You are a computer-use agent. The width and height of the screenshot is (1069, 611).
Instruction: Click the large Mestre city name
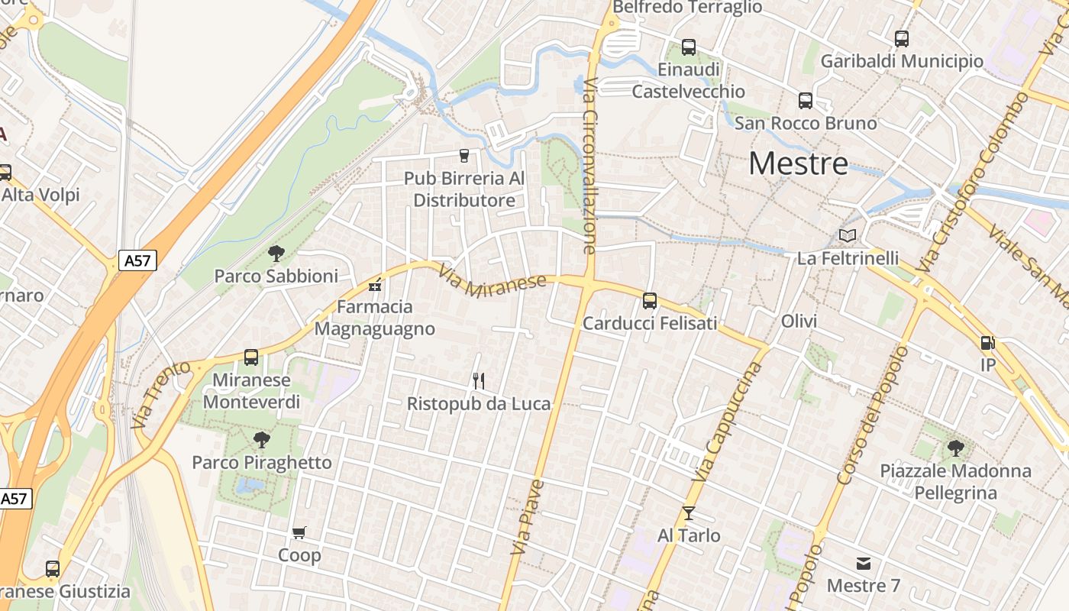pyautogui.click(x=798, y=163)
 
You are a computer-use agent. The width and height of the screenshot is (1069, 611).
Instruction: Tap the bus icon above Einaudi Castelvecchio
pyautogui.click(x=689, y=47)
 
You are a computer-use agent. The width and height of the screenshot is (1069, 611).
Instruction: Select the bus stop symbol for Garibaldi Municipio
pyautogui.click(x=902, y=39)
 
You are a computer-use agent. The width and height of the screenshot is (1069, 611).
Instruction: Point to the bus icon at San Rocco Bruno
pyautogui.click(x=806, y=101)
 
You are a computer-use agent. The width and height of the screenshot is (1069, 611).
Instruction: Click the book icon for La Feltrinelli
pyautogui.click(x=848, y=235)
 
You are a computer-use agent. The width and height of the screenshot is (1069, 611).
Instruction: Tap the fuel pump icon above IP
pyautogui.click(x=987, y=344)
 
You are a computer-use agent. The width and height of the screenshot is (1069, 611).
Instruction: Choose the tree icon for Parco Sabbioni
pyautogui.click(x=276, y=254)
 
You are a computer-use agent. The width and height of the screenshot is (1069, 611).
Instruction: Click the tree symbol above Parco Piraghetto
pyautogui.click(x=262, y=440)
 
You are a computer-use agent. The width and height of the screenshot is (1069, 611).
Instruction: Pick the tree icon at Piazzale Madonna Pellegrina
pyautogui.click(x=955, y=448)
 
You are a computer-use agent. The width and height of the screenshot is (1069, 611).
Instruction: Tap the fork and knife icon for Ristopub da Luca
pyautogui.click(x=479, y=380)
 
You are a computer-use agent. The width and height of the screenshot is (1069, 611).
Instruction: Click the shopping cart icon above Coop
pyautogui.click(x=299, y=532)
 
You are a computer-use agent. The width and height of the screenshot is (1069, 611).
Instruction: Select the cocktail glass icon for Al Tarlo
pyautogui.click(x=689, y=513)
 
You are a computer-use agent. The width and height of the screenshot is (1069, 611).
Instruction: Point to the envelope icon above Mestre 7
pyautogui.click(x=864, y=564)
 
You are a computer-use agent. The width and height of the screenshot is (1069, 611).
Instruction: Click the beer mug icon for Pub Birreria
pyautogui.click(x=464, y=156)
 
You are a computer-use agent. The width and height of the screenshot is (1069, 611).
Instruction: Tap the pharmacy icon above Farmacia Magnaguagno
pyautogui.click(x=374, y=286)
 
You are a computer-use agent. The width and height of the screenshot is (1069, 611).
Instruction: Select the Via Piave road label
pyautogui.click(x=528, y=517)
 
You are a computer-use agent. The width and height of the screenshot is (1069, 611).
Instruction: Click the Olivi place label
pyautogui.click(x=799, y=322)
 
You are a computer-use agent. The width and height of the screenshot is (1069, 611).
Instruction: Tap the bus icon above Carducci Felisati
pyautogui.click(x=650, y=301)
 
